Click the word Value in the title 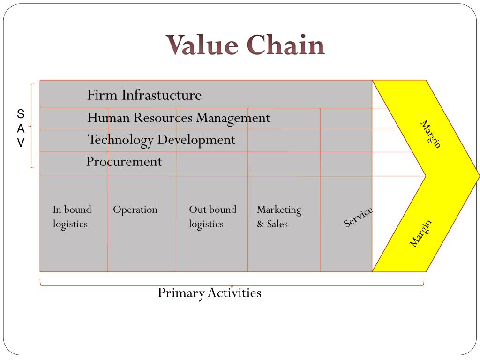pos(203,45)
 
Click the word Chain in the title pos(286,45)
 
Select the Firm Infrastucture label pos(144,95)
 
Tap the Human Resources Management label pos(179,118)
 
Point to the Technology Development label pos(162,140)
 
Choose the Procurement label pos(124,162)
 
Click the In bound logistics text pos(72,217)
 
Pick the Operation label pos(135,210)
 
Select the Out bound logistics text pos(212,217)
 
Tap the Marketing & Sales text pos(279,217)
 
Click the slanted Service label pos(358,217)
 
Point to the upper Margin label pos(431,135)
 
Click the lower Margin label pos(420,233)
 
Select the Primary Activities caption pos(209,293)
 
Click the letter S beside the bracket pos(21,114)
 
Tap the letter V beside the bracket pos(21,143)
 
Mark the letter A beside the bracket pos(21,129)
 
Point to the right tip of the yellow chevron pos(478,176)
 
